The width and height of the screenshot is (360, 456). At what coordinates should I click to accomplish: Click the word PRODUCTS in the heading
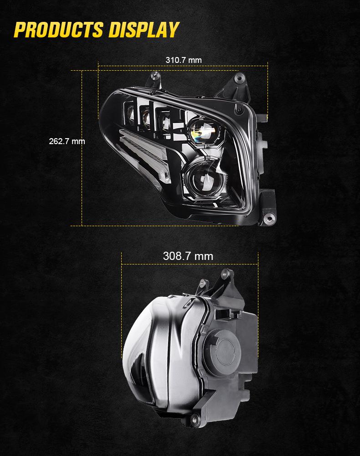[x=58, y=30]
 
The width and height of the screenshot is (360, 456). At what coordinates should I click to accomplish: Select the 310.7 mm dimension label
[x=183, y=60]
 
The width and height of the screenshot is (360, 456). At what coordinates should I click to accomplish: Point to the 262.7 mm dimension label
[x=67, y=141]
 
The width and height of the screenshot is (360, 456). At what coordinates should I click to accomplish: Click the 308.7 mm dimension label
[x=188, y=256]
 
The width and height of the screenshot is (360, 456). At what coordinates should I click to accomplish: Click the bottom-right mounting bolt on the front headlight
[x=269, y=217]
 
